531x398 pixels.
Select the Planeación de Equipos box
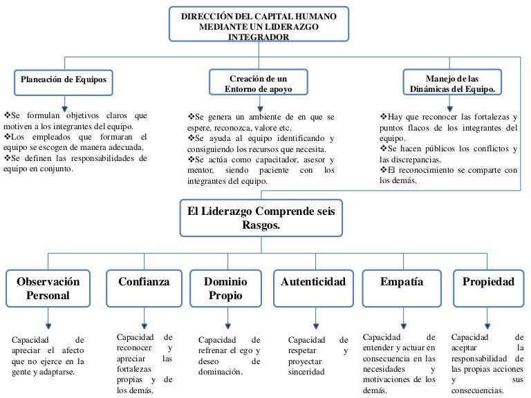click(64, 81)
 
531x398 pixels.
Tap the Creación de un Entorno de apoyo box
click(259, 83)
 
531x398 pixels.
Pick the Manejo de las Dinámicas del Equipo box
click(453, 83)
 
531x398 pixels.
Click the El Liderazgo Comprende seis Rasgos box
click(261, 218)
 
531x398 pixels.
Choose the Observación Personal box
click(48, 289)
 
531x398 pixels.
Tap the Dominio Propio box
click(225, 289)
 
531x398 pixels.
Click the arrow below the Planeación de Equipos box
click(64, 102)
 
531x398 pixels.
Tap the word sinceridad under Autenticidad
click(306, 372)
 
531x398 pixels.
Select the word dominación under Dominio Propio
click(220, 372)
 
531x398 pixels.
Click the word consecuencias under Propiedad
click(477, 390)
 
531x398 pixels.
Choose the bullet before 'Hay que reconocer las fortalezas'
click(383, 117)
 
